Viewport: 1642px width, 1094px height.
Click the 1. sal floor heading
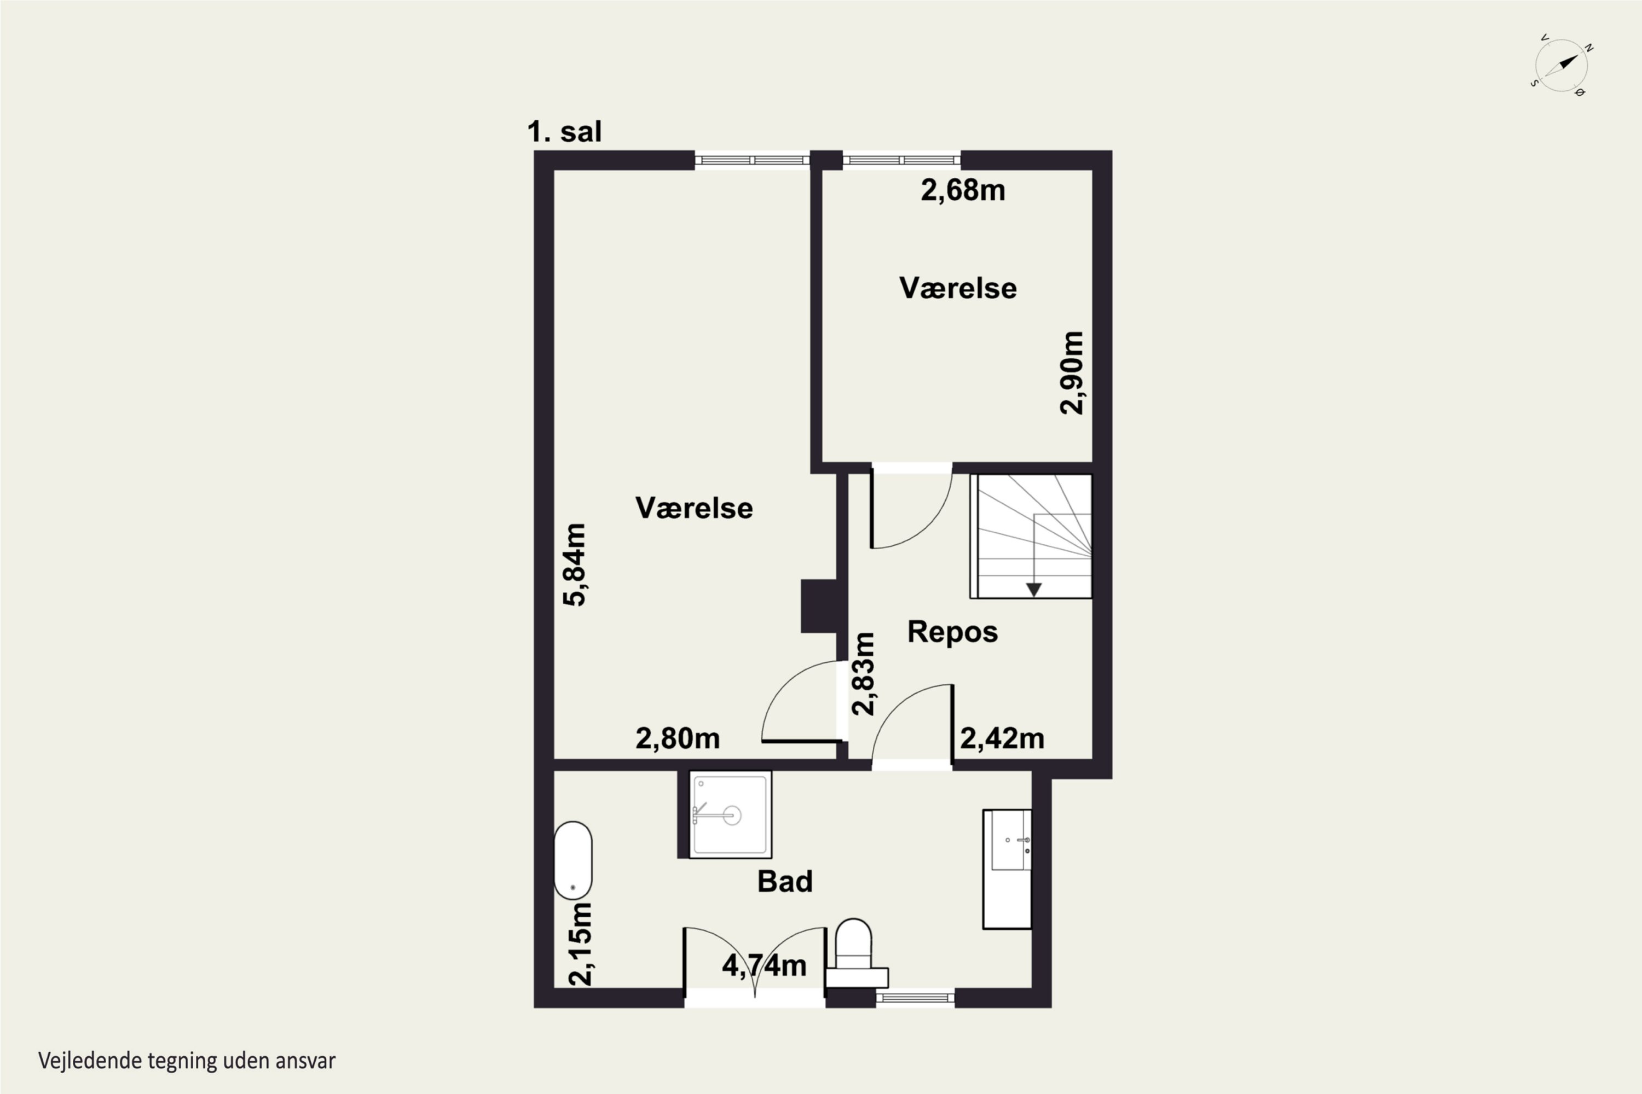coord(564,131)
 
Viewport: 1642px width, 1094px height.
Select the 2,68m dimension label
coord(963,190)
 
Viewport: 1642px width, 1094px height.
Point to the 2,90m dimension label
coord(1072,373)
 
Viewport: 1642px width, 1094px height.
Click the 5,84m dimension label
coord(575,565)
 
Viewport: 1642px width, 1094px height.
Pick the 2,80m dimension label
coord(677,738)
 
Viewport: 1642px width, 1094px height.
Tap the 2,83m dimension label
coord(863,674)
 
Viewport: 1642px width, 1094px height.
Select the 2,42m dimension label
coord(1002,738)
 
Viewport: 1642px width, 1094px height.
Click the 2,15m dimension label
coord(580,944)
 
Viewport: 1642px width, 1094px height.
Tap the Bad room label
coord(785,882)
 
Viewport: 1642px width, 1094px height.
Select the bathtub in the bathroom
coord(573,859)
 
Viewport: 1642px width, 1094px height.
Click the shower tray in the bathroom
coord(730,814)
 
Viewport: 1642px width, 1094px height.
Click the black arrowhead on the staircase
coord(1034,590)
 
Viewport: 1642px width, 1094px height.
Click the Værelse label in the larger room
coord(694,508)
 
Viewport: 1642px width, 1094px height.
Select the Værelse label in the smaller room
coord(958,288)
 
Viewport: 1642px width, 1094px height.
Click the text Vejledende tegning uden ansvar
coord(187,1061)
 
